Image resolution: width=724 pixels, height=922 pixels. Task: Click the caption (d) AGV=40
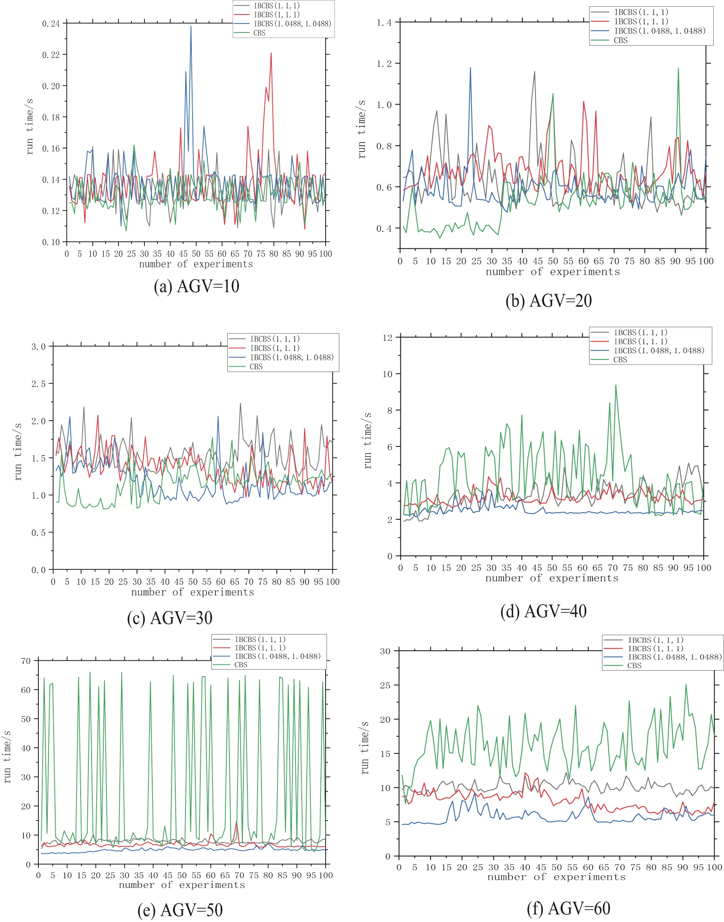[x=544, y=611]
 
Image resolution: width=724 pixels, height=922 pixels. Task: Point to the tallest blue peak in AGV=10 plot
[x=191, y=27]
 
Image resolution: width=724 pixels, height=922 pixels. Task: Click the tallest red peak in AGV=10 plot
[x=271, y=53]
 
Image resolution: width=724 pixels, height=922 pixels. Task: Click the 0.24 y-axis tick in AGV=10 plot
[x=51, y=24]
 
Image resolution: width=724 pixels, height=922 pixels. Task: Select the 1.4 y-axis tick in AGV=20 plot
[x=384, y=22]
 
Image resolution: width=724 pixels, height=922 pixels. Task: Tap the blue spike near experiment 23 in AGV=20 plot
[x=470, y=68]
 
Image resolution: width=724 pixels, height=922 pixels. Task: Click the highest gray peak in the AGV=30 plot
[x=240, y=403]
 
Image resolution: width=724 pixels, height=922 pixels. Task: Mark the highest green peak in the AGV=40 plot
[x=616, y=385]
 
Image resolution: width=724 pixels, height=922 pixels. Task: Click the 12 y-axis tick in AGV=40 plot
[x=387, y=338]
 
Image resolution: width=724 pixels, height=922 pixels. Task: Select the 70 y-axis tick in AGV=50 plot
[x=26, y=661]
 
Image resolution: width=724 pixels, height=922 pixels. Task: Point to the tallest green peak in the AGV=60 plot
[x=686, y=685]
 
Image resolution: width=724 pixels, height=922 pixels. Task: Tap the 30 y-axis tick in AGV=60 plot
[x=385, y=651]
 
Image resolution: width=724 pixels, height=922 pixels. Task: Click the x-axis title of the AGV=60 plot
[x=556, y=877]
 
